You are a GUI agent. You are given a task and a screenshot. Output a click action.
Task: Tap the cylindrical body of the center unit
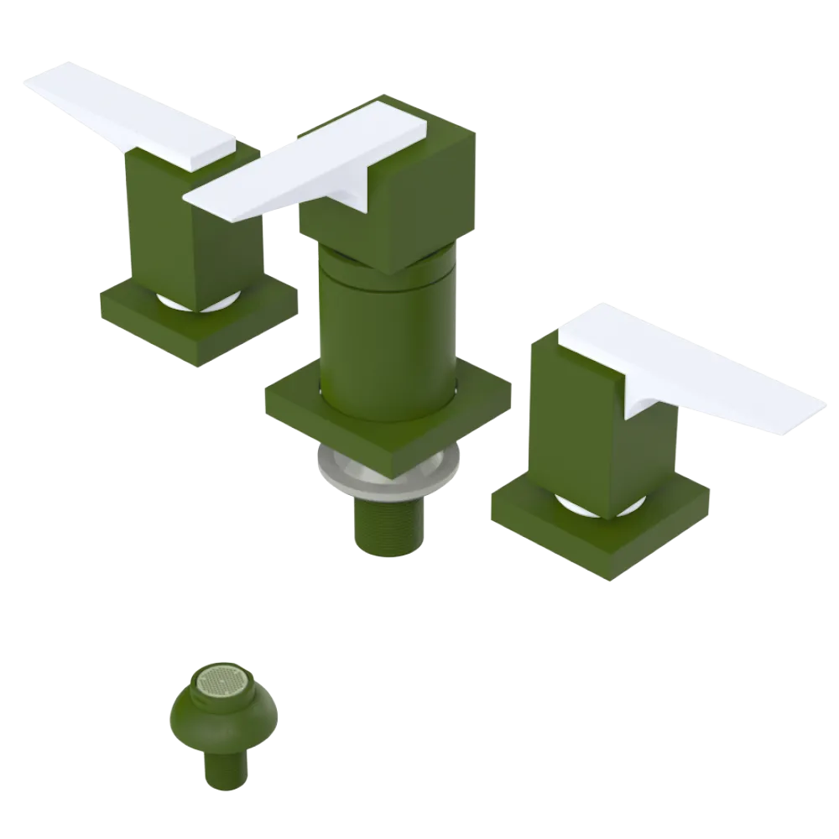386,336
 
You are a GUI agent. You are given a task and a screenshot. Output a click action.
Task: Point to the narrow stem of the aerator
225,768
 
